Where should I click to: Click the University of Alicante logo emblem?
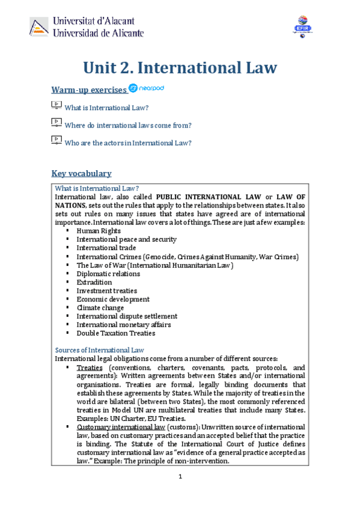pyautogui.click(x=39, y=26)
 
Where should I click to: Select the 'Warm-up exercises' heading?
pyautogui.click(x=88, y=90)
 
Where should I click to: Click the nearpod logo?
pyautogui.click(x=146, y=88)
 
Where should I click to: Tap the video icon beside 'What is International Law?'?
pyautogui.click(x=56, y=106)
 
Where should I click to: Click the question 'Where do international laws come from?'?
pyautogui.click(x=128, y=125)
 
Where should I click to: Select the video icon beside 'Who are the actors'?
pyautogui.click(x=56, y=141)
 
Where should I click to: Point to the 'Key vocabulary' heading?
pyautogui.click(x=81, y=173)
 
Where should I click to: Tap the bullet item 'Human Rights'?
pyautogui.click(x=99, y=231)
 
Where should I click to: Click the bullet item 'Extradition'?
pyautogui.click(x=94, y=282)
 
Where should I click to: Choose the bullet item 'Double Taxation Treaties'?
pyautogui.click(x=115, y=333)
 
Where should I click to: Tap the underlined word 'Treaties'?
pyautogui.click(x=90, y=367)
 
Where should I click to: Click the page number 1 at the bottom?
pyautogui.click(x=180, y=478)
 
